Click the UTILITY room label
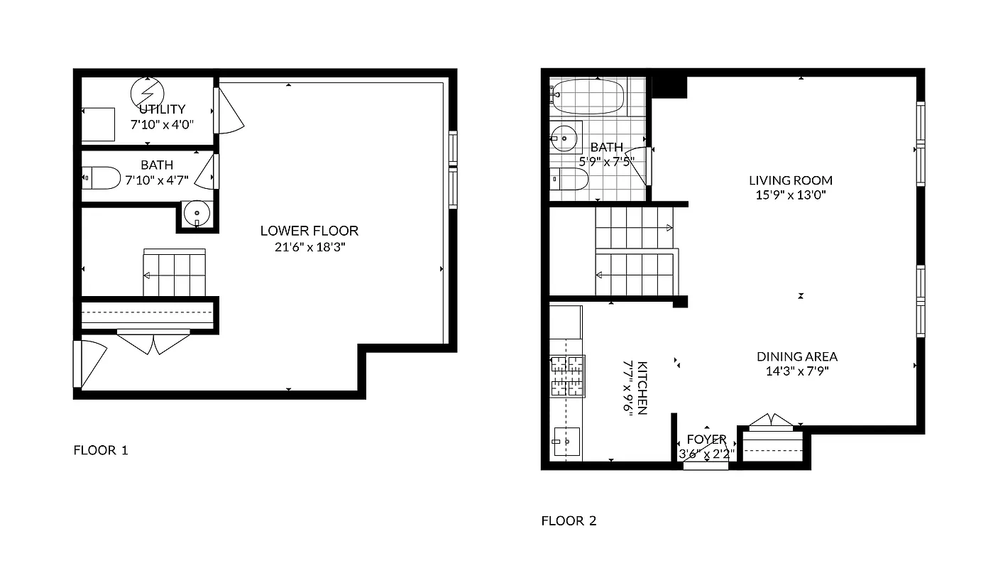pyautogui.click(x=162, y=109)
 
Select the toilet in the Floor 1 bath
pyautogui.click(x=102, y=178)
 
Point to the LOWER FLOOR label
pyautogui.click(x=309, y=231)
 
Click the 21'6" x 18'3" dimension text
pyautogui.click(x=309, y=248)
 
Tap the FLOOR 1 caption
pyautogui.click(x=101, y=450)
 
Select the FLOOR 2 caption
pyautogui.click(x=569, y=521)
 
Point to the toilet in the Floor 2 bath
pyautogui.click(x=569, y=180)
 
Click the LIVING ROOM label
pyautogui.click(x=790, y=180)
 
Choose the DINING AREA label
pyautogui.click(x=796, y=356)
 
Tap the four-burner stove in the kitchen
pyautogui.click(x=567, y=376)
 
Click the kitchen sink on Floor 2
pyautogui.click(x=566, y=442)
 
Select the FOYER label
pyautogui.click(x=706, y=439)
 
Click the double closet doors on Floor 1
pyautogui.click(x=153, y=342)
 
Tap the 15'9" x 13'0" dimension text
pyautogui.click(x=790, y=195)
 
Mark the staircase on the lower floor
pyautogui.click(x=175, y=273)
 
